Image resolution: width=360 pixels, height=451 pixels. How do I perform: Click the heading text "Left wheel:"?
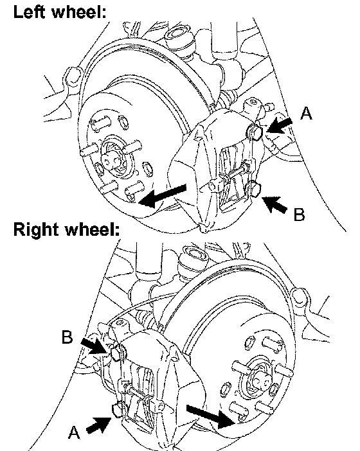(x=60, y=12)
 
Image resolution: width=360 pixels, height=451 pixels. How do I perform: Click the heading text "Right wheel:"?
(x=66, y=230)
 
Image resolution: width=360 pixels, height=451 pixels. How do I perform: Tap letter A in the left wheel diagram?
(x=306, y=113)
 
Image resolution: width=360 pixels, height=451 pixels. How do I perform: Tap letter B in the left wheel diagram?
(x=299, y=215)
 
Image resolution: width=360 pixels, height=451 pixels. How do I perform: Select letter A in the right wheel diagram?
(x=74, y=432)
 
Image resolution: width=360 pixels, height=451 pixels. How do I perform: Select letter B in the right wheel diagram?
(x=67, y=337)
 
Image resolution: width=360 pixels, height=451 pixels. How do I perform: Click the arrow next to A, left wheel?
(x=279, y=126)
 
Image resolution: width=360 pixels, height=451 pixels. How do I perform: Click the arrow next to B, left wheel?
(x=274, y=204)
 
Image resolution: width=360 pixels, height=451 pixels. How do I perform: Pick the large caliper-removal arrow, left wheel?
(x=163, y=195)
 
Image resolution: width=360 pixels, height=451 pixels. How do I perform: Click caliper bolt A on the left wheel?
(x=255, y=132)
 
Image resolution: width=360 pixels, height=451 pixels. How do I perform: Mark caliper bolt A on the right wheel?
(x=117, y=411)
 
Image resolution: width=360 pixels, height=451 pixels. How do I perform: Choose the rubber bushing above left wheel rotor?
(x=177, y=35)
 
